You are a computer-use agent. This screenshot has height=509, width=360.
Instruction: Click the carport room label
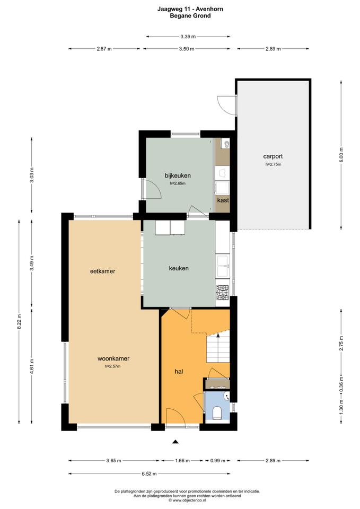273,156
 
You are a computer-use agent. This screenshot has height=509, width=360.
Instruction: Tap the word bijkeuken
178,175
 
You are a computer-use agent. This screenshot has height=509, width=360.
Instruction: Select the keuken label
179,268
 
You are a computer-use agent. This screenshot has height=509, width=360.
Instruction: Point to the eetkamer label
102,271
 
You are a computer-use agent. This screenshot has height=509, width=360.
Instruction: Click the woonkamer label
113,359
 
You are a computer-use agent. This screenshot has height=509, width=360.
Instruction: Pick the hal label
179,371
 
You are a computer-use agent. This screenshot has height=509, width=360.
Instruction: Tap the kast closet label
223,200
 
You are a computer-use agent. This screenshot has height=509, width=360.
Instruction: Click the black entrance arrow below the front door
175,442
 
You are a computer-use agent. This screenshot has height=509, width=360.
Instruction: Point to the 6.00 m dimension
341,155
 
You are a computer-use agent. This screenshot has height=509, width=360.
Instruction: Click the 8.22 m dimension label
19,322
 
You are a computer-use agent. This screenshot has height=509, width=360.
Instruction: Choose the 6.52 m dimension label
150,473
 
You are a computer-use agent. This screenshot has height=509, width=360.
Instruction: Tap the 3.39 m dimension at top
188,37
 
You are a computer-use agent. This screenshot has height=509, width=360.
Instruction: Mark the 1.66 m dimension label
182,460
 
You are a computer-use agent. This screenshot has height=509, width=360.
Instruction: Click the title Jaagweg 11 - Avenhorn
190,9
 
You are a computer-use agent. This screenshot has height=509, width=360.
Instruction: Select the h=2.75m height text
273,164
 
